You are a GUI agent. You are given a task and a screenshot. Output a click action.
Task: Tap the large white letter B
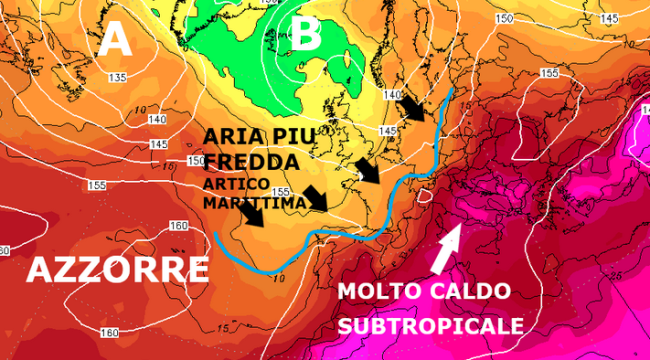(308, 37)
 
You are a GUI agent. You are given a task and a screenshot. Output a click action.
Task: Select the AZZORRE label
(117, 268)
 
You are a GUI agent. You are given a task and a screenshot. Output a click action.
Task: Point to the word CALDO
(473, 292)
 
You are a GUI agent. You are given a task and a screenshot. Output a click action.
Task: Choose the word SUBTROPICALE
(429, 326)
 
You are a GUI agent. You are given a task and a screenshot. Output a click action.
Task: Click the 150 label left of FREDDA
(195, 160)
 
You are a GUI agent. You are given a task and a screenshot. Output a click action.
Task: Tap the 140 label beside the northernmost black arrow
(392, 94)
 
